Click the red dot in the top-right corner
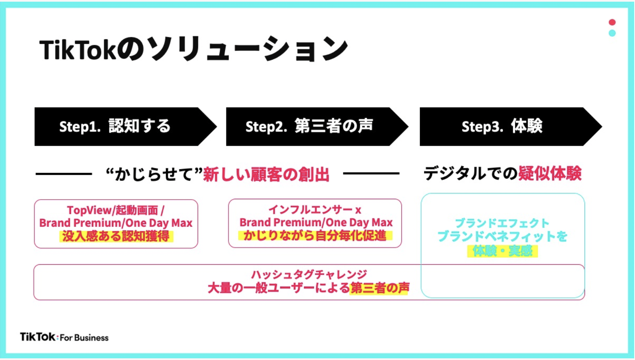click(612, 22)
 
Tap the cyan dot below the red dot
click(612, 33)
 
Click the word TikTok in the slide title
click(78, 50)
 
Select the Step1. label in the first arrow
click(80, 127)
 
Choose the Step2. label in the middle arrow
click(266, 127)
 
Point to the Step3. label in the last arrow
click(482, 127)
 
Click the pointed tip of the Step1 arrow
click(217, 127)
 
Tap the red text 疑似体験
click(550, 173)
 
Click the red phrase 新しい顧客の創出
click(266, 174)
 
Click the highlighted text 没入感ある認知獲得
click(116, 236)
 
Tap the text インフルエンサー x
click(315, 210)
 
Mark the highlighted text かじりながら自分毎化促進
click(315, 236)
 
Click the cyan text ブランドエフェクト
click(502, 223)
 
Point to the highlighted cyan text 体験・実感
click(502, 251)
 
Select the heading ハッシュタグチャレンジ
click(309, 274)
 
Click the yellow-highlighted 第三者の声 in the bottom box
click(380, 288)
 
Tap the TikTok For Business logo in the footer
click(64, 337)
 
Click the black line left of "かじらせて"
click(64, 174)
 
